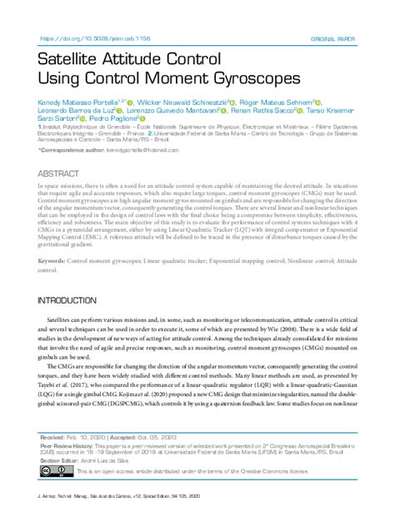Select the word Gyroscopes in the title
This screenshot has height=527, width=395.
click(239, 79)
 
